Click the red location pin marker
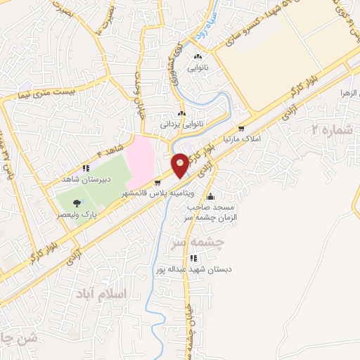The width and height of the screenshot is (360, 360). click(x=181, y=165)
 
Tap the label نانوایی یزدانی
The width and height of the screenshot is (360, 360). click(x=182, y=124)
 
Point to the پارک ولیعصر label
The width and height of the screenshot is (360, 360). click(x=77, y=212)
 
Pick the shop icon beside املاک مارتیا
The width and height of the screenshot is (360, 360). click(x=241, y=129)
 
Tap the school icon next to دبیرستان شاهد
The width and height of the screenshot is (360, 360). click(x=86, y=168)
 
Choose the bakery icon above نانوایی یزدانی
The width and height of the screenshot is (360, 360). click(x=182, y=113)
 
